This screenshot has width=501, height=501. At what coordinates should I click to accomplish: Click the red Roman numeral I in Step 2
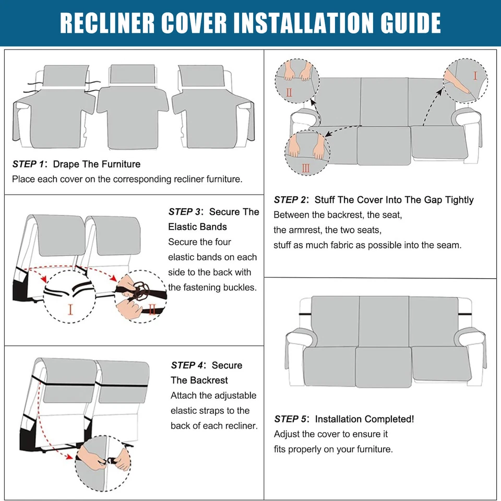(x=474, y=76)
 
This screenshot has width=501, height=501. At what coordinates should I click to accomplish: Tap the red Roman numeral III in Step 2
(x=306, y=168)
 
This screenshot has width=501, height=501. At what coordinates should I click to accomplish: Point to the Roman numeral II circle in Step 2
(x=296, y=79)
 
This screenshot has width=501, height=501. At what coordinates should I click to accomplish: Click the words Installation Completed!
(x=364, y=419)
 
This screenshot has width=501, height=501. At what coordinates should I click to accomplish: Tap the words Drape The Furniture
(x=97, y=164)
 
